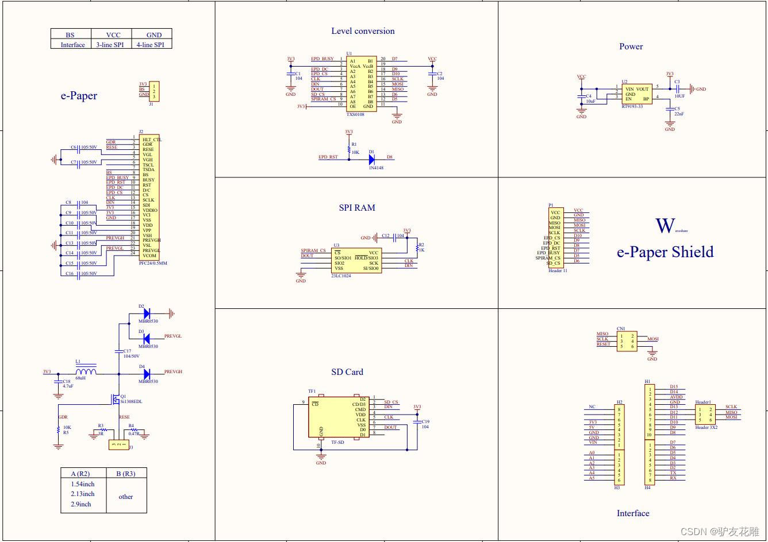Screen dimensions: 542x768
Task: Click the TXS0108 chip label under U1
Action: [x=355, y=115]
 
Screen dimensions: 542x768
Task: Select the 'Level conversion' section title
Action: [x=363, y=31]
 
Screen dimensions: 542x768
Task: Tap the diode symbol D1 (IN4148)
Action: [x=372, y=159]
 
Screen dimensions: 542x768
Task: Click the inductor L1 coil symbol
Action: [x=86, y=371]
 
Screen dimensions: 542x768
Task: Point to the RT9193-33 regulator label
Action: [x=633, y=107]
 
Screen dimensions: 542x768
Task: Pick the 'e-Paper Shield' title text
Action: [x=665, y=252]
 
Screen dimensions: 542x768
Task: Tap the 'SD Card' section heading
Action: [x=347, y=372]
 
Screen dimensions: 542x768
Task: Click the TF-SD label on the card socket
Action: [x=337, y=442]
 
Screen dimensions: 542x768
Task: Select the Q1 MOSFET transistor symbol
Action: [x=117, y=398]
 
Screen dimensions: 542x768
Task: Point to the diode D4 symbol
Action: [x=147, y=373]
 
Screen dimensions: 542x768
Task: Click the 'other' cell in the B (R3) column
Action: [x=126, y=497]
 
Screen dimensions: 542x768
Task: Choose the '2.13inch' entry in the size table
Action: [x=83, y=494]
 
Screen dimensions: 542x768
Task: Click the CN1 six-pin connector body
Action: [x=627, y=341]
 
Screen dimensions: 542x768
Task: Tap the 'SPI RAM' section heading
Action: [x=357, y=208]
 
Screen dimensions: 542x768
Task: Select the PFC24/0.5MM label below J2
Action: [x=153, y=263]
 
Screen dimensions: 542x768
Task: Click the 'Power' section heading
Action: [x=631, y=47]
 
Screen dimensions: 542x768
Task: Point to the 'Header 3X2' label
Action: [x=706, y=428]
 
